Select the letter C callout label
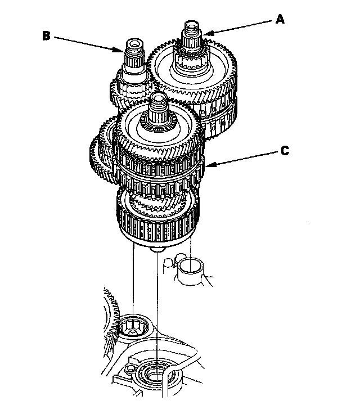click(x=285, y=151)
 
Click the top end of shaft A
click(x=191, y=26)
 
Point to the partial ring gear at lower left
click(x=110, y=315)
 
